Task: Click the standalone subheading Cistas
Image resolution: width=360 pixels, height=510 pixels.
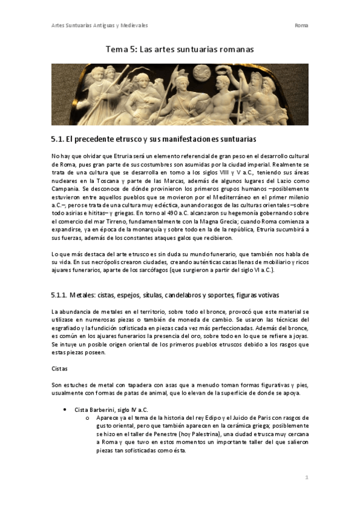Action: click(61, 367)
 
